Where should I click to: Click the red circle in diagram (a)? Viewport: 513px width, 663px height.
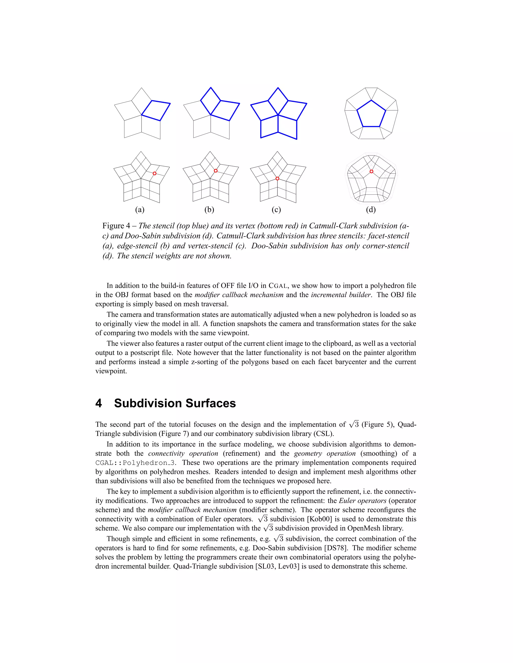[154, 173]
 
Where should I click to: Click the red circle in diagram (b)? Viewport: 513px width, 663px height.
[215, 171]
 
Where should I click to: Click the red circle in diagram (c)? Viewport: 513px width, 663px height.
[277, 178]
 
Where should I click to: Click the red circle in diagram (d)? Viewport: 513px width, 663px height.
[371, 172]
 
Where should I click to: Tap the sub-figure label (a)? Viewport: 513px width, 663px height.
[140, 209]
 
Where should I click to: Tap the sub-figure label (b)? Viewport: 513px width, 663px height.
[209, 209]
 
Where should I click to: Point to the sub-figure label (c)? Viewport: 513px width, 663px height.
[276, 209]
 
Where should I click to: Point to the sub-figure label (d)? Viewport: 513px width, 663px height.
[371, 209]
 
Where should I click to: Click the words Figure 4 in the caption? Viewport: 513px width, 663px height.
[116, 226]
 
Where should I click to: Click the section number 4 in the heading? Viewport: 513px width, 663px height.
[98, 403]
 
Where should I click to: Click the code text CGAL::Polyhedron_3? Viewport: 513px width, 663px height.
[135, 463]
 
